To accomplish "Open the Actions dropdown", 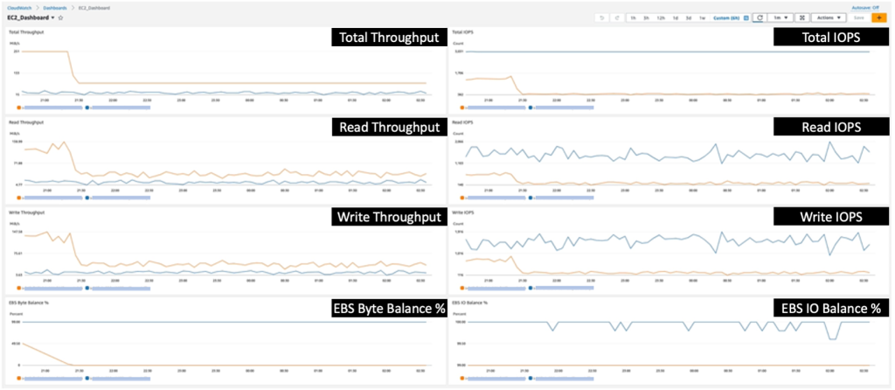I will [824, 17].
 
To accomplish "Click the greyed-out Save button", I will [859, 17].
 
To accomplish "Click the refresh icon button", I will [760, 17].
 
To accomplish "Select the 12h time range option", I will [662, 17].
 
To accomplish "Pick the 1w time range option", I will [703, 17].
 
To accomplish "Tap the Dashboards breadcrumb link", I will [54, 7].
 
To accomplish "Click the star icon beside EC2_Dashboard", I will [60, 17].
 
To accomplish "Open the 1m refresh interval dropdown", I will [781, 17].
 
